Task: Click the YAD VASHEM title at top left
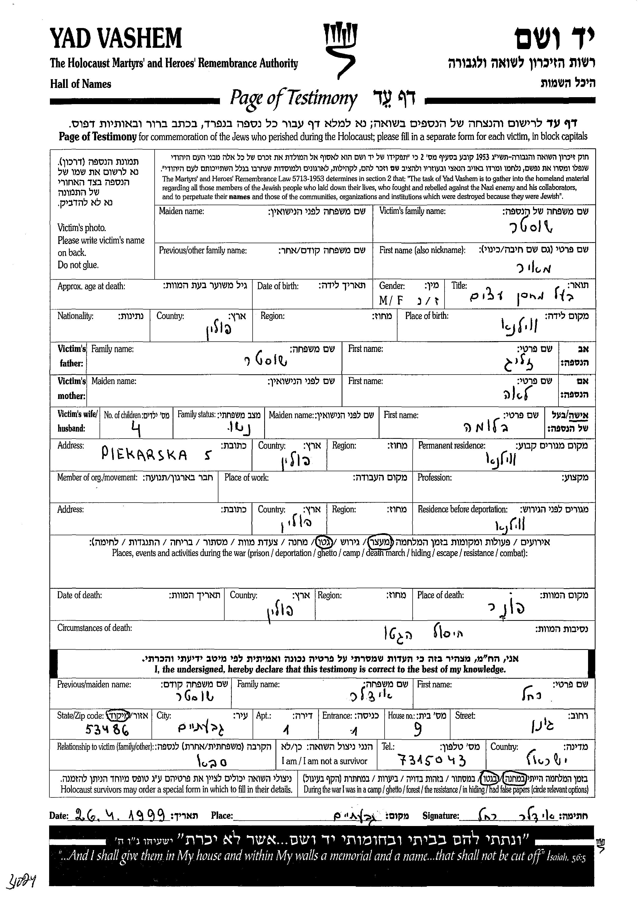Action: (x=116, y=39)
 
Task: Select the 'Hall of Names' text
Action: (x=81, y=84)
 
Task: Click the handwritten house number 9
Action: (x=418, y=730)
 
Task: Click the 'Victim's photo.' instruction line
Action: (x=82, y=228)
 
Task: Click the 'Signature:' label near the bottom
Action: (x=441, y=815)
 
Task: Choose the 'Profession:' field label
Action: (x=434, y=477)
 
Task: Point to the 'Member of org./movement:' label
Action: (x=97, y=477)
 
